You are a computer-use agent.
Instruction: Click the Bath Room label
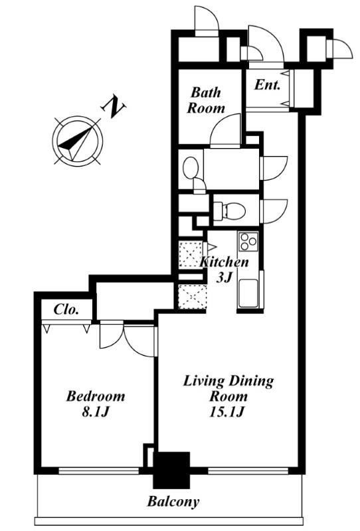(x=206, y=100)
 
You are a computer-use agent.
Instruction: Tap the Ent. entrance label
(x=268, y=84)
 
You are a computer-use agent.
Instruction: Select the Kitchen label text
(x=224, y=262)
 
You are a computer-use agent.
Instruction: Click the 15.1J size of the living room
(x=227, y=412)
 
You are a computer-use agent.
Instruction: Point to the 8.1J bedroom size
(x=95, y=412)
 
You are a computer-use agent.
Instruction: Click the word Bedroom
(x=95, y=396)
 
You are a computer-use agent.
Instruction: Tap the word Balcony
(x=173, y=502)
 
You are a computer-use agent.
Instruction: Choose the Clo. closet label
(x=66, y=309)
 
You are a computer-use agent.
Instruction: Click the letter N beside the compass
(x=114, y=108)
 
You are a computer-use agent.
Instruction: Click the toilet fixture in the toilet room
(x=230, y=210)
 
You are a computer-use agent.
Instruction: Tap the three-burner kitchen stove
(x=248, y=241)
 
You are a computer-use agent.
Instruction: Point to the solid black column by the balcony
(x=171, y=470)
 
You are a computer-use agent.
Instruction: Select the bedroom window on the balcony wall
(x=99, y=471)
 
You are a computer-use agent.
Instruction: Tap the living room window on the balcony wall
(x=248, y=471)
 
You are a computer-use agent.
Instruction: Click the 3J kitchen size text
(x=224, y=277)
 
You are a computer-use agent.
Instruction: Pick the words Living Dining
(x=228, y=381)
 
